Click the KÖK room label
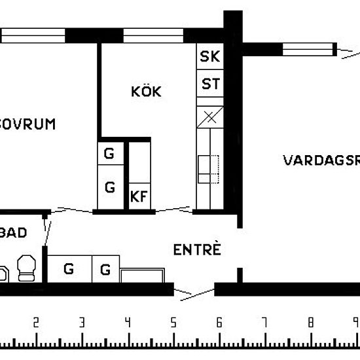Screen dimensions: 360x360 [x=146, y=92]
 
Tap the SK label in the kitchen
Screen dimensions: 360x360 [x=209, y=56]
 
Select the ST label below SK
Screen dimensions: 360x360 [x=209, y=84]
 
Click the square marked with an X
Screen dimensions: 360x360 [x=209, y=117]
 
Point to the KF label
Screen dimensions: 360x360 [x=139, y=196]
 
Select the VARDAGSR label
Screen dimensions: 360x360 [x=321, y=160]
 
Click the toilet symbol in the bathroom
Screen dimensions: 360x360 [x=27, y=267]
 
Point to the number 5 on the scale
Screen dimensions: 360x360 [x=173, y=322]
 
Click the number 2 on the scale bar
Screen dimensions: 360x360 [x=36, y=322]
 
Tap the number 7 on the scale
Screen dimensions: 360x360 [x=265, y=322]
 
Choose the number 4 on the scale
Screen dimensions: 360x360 [x=128, y=322]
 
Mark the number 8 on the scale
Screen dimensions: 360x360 [x=311, y=322]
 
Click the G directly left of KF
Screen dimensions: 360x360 [x=110, y=188]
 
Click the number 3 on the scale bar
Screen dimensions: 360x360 [x=82, y=322]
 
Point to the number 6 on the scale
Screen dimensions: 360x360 [x=219, y=322]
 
